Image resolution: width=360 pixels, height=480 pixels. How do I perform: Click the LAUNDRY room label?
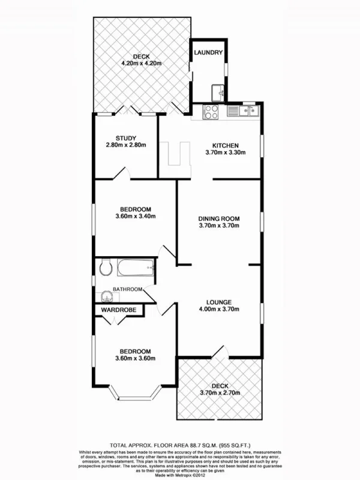209,53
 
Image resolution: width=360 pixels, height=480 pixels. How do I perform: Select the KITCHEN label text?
226,145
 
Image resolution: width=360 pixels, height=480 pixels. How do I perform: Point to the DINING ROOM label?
219,218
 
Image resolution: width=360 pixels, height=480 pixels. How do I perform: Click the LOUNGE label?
219,302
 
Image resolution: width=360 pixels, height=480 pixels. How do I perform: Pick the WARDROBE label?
119,310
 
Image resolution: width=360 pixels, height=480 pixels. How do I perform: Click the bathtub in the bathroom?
136,268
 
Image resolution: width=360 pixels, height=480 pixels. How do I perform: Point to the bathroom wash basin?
107,295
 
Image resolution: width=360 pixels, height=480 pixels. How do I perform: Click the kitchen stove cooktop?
212,111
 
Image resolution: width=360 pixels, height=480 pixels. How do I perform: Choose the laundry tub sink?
218,92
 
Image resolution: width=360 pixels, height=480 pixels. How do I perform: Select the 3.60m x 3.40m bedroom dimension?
136,217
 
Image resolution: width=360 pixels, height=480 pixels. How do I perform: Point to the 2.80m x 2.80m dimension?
127,145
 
